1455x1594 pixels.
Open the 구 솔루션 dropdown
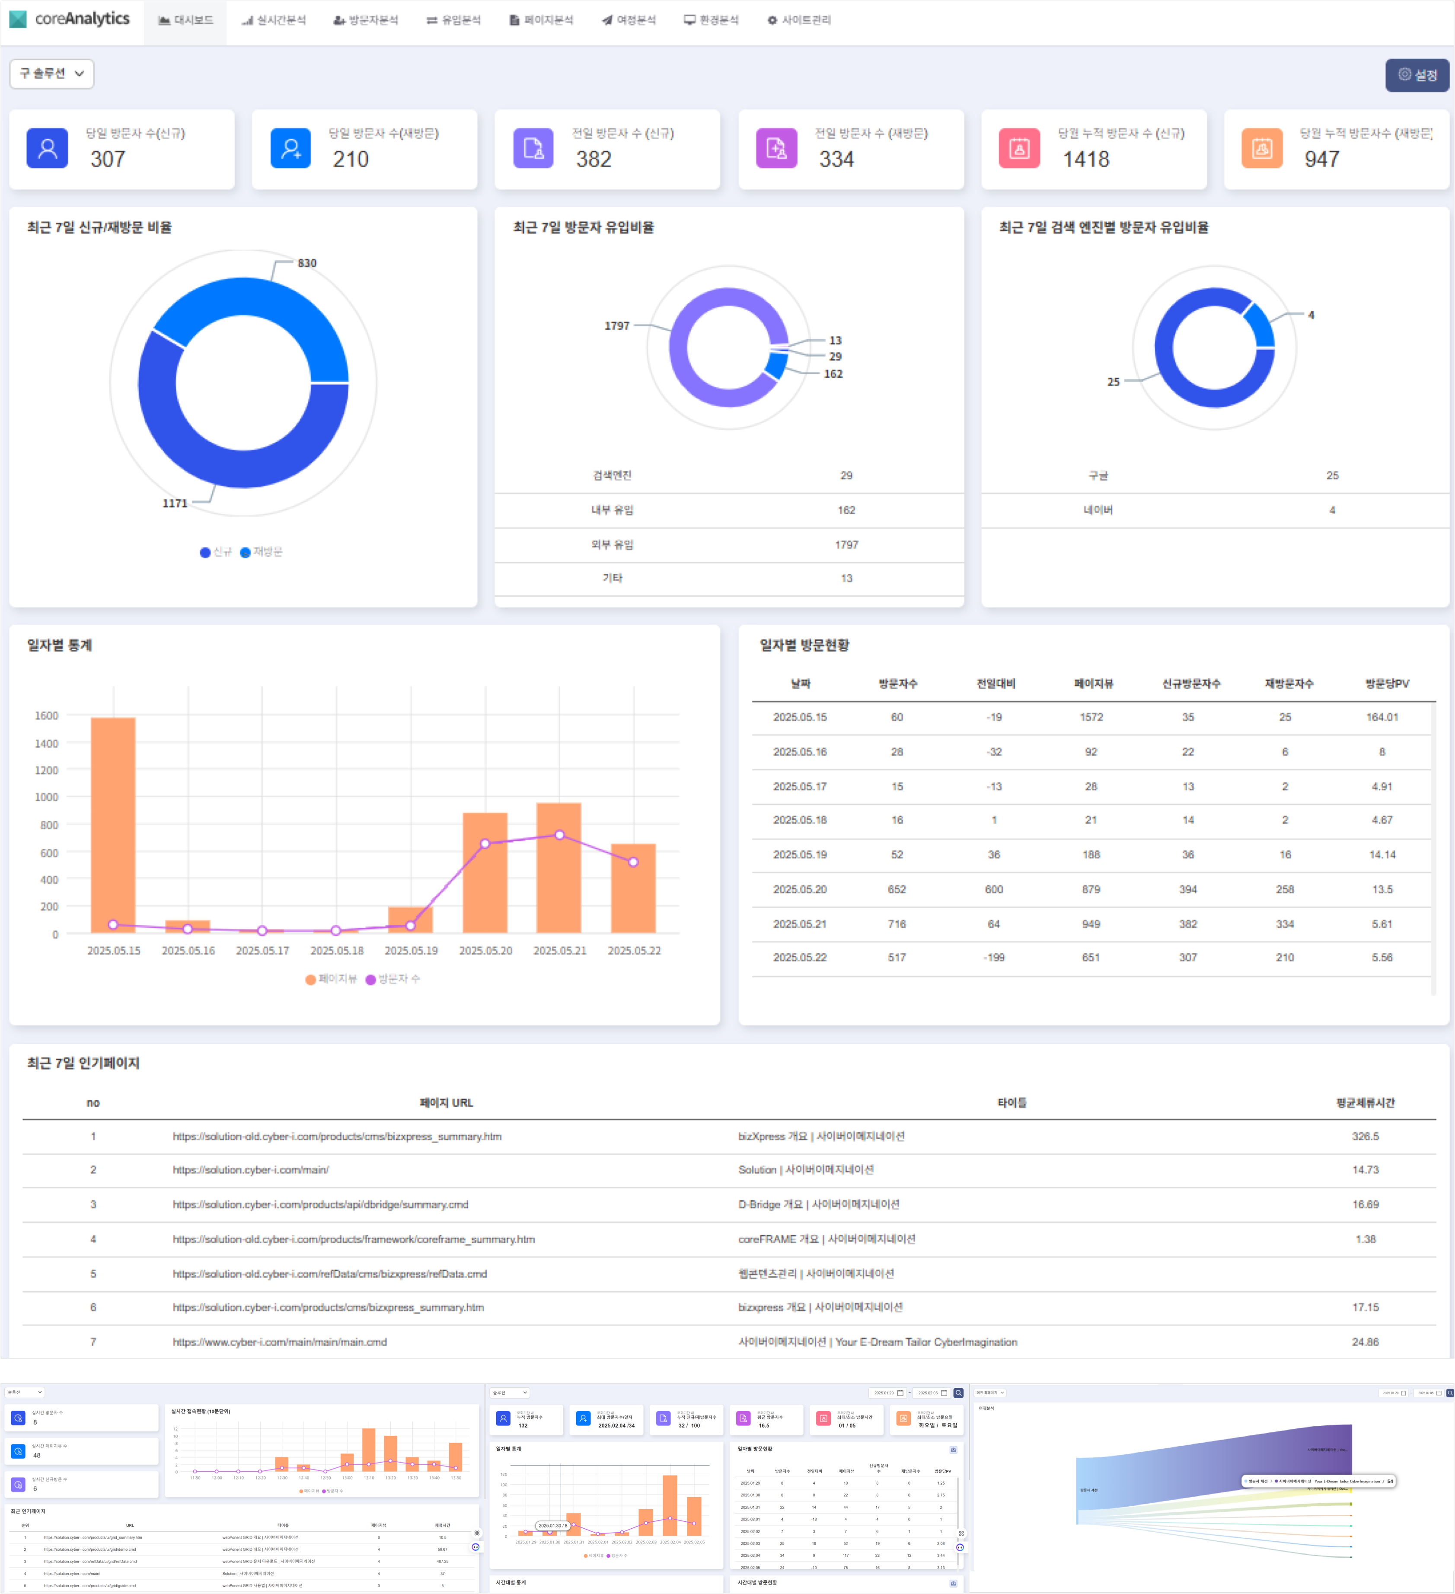pos(51,73)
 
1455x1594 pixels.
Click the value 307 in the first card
pos(108,159)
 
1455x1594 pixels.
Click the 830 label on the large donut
pos(307,263)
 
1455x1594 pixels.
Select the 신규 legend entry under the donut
pos(216,552)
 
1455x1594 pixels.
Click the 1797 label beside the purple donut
pos(617,326)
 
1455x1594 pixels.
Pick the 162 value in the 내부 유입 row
pos(846,510)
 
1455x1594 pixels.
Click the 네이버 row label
pos(1098,510)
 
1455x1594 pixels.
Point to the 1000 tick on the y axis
pos(47,797)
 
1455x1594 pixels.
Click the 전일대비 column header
pos(995,683)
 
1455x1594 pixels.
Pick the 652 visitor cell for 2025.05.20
pos(897,889)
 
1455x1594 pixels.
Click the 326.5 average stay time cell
pos(1365,1136)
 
